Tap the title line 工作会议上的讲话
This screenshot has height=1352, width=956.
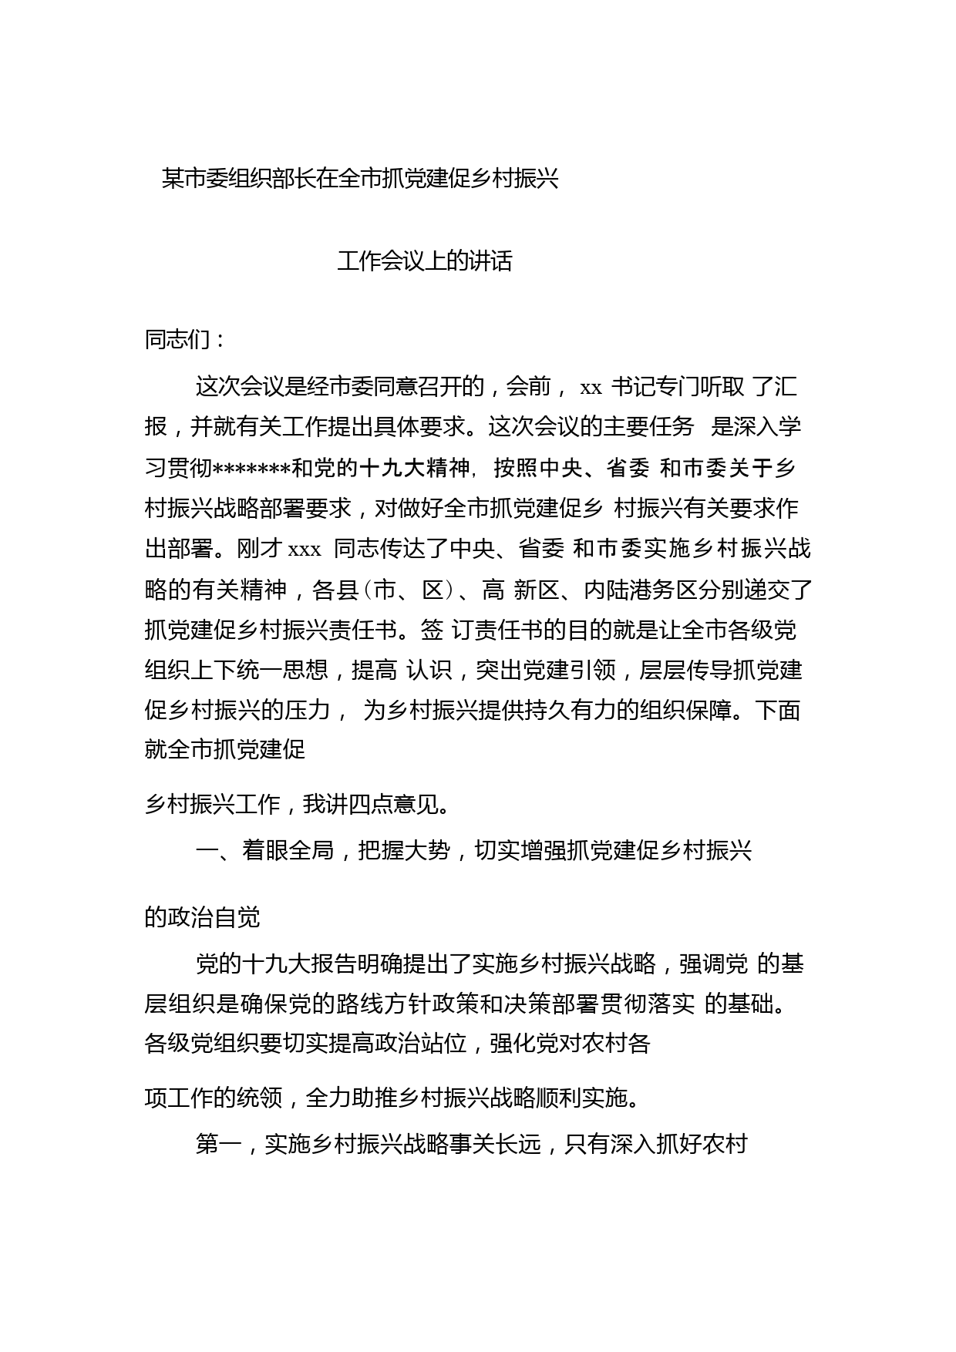point(425,262)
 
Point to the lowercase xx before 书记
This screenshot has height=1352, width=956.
point(591,387)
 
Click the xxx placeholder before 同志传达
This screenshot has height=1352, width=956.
point(304,549)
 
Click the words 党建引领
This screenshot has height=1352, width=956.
point(569,670)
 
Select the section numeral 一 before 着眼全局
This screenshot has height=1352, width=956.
point(207,851)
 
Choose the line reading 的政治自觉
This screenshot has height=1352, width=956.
point(202,917)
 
